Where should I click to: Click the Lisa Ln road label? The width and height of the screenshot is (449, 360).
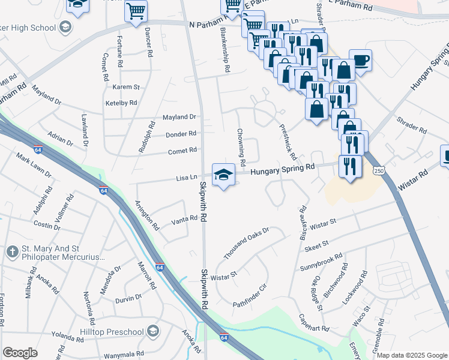(187, 178)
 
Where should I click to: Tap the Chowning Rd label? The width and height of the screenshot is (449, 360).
(241, 148)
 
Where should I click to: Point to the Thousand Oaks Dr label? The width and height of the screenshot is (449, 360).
(246, 244)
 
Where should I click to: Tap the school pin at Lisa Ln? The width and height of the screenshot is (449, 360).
(224, 175)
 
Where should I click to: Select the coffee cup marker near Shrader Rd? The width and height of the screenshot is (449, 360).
(361, 61)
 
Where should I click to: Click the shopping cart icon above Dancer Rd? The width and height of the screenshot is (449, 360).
(136, 11)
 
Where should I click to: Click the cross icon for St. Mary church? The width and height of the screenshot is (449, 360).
(13, 251)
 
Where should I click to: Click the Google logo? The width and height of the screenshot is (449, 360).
(20, 353)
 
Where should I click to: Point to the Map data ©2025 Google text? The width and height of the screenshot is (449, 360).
(412, 355)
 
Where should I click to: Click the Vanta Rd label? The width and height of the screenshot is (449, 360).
(185, 218)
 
